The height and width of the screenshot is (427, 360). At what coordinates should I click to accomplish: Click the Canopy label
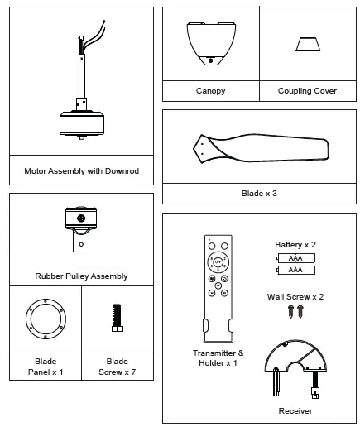coord(210,90)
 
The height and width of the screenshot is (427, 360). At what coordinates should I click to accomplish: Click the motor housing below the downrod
coord(81,122)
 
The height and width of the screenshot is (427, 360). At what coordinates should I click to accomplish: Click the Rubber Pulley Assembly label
coord(81,276)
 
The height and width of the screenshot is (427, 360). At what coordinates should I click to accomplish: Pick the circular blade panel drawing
coord(45,318)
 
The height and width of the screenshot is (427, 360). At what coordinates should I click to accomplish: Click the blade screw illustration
coord(117,318)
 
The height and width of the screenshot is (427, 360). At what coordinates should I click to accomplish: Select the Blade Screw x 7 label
coord(117,367)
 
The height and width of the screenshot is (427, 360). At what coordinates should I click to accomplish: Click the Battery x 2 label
coord(295,246)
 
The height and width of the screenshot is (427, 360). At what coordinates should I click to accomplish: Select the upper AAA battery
coord(295,258)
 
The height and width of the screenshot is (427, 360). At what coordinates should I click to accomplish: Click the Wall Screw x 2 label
coord(295,295)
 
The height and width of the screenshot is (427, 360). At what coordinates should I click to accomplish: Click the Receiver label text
coord(295,410)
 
